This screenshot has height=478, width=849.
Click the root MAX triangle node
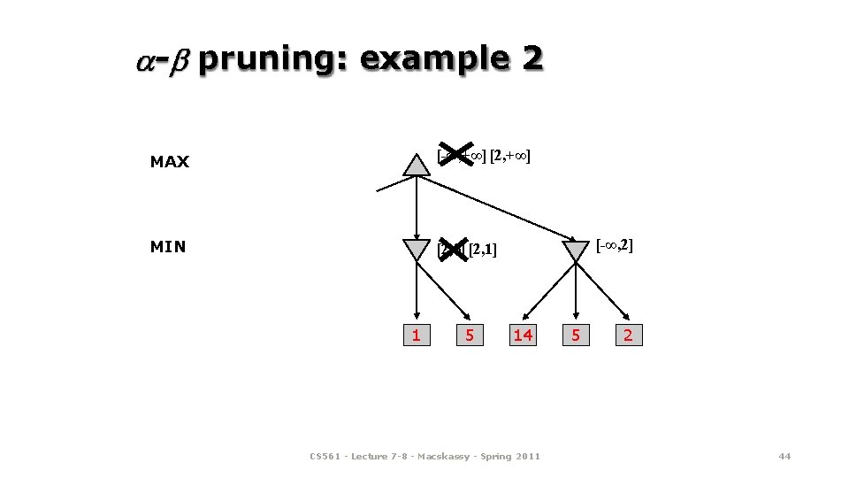click(416, 165)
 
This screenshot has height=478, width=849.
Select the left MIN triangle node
click(416, 249)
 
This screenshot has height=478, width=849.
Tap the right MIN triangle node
click(576, 249)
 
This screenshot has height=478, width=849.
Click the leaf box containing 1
click(416, 335)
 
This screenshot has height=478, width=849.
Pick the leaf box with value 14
click(523, 335)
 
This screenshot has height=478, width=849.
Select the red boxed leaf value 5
click(470, 335)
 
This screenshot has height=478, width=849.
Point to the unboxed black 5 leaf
click(576, 335)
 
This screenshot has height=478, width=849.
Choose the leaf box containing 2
click(628, 335)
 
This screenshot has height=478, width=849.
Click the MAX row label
click(170, 162)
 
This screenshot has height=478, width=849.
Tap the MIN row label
click(168, 247)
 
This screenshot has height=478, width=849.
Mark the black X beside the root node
click(456, 156)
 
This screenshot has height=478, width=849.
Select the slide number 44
click(784, 456)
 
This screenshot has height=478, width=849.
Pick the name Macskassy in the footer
click(455, 456)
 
